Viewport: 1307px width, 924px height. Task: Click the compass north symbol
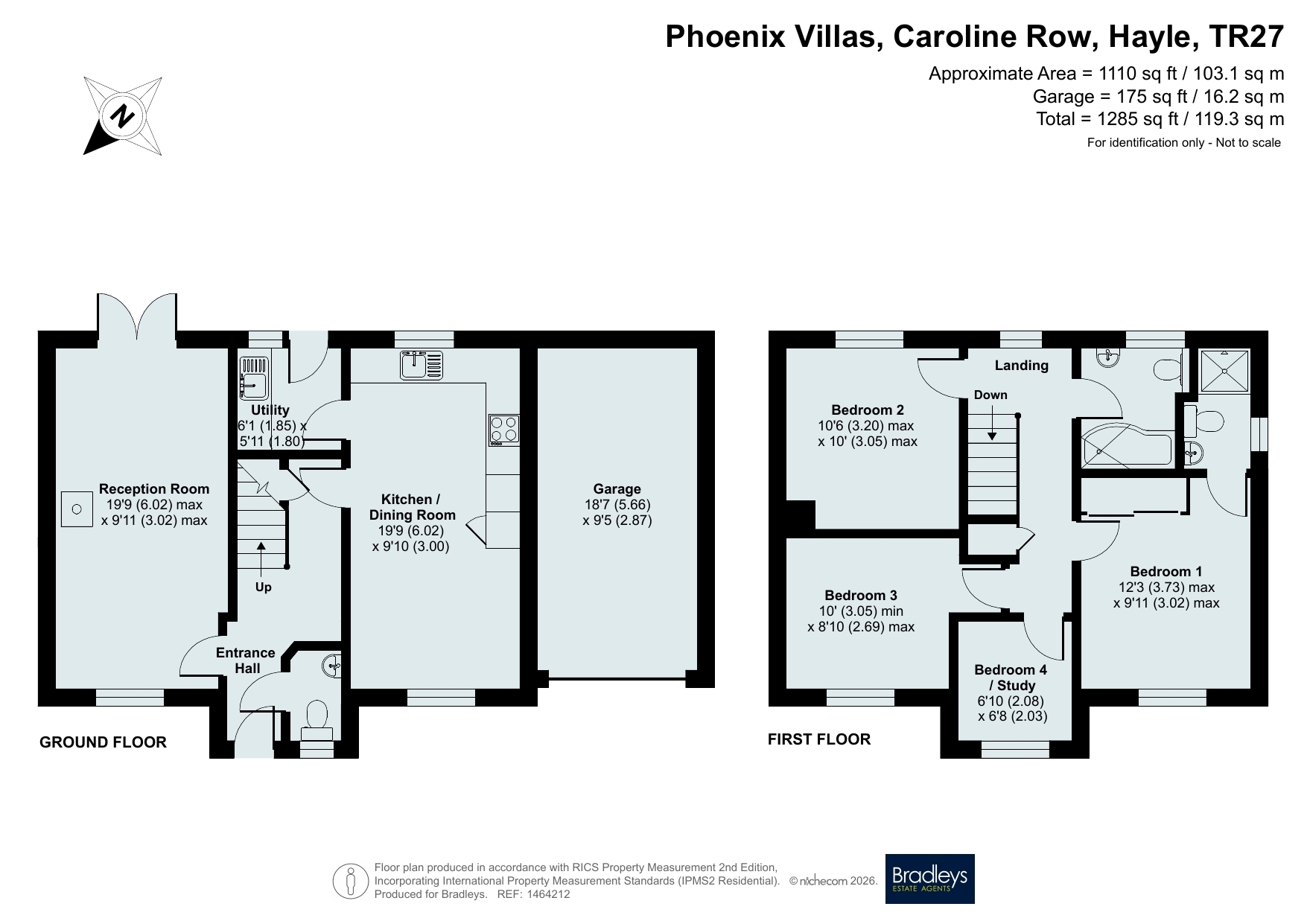tap(123, 115)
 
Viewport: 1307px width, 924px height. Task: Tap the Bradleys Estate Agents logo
tap(929, 879)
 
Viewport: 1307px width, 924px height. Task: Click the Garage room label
tap(617, 488)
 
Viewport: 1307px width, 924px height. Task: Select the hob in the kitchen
tap(504, 430)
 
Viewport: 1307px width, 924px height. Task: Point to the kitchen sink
tap(422, 365)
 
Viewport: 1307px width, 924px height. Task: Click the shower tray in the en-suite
tap(1221, 371)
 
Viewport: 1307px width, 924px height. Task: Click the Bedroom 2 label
tap(868, 410)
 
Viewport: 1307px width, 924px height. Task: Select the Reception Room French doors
tap(137, 319)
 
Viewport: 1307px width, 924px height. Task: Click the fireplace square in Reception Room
tap(75, 509)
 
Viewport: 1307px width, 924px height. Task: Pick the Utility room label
tap(270, 410)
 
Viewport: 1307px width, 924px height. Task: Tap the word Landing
tap(1022, 365)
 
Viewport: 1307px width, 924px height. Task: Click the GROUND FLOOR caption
tap(103, 742)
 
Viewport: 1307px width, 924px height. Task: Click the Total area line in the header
tap(1160, 118)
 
